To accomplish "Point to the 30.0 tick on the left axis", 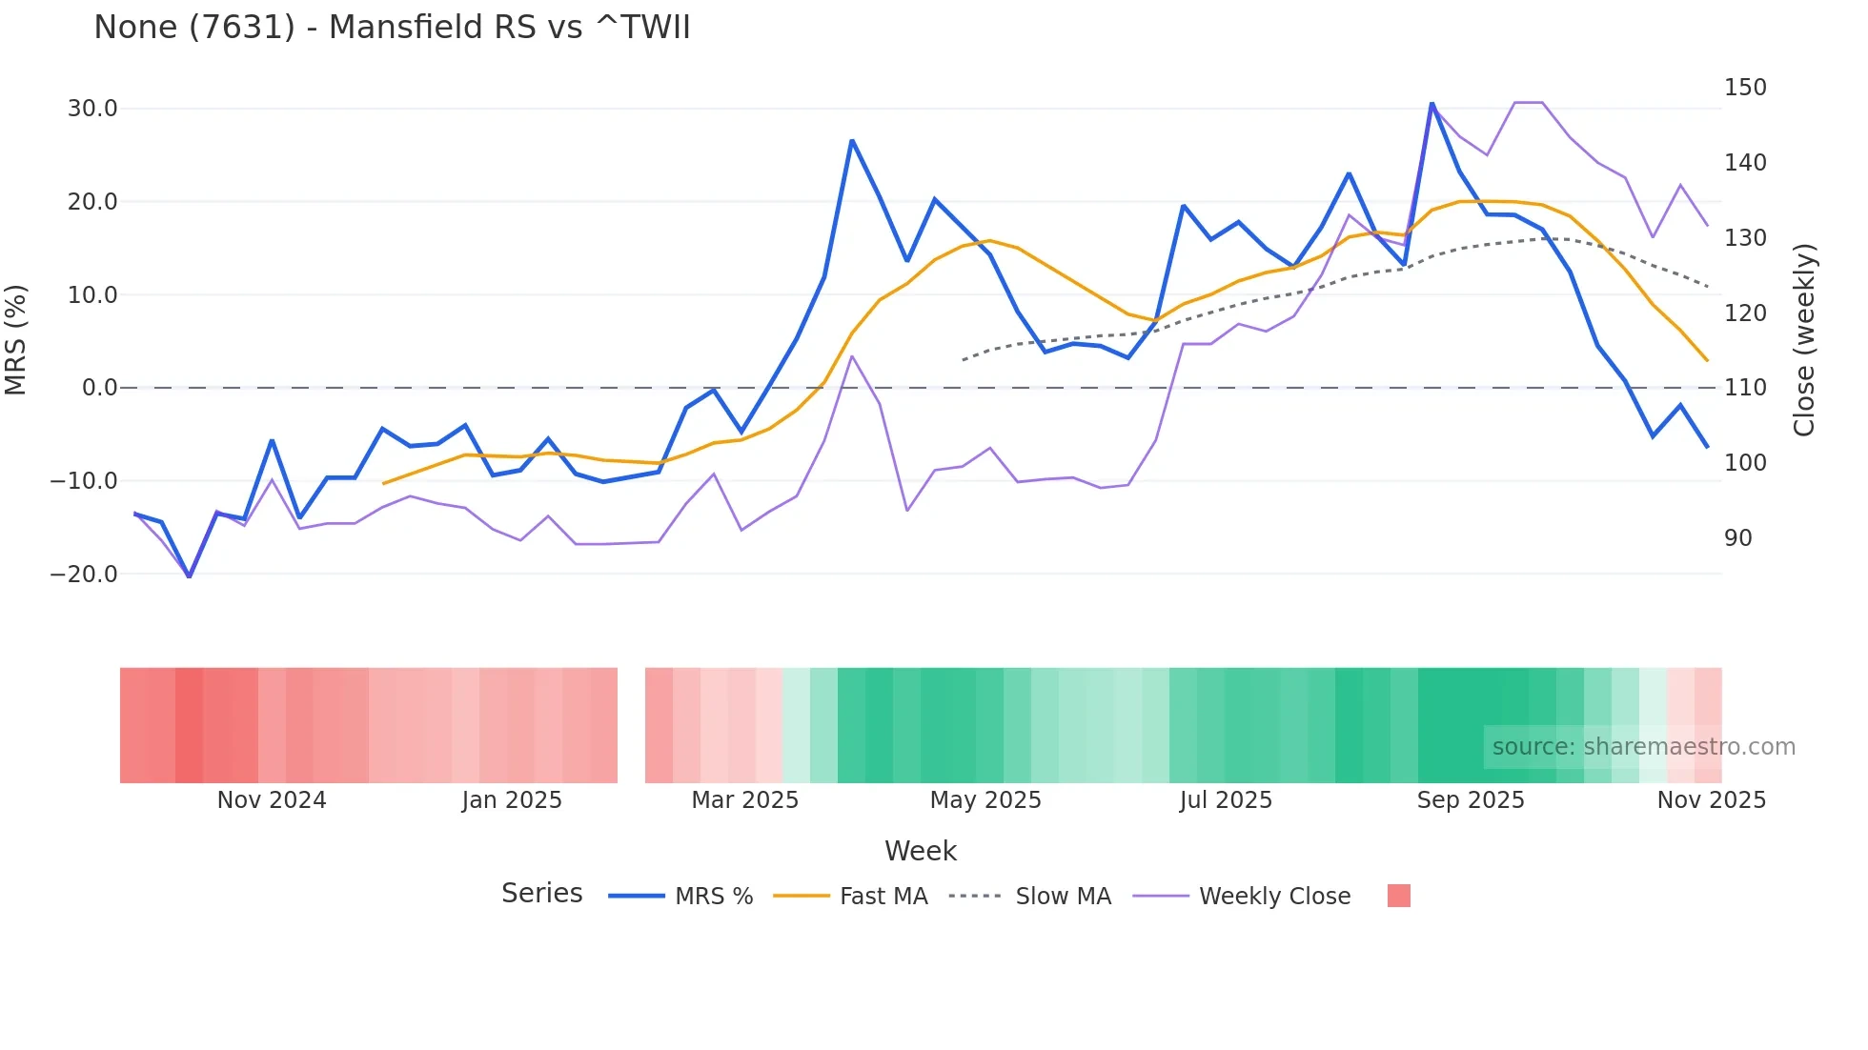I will click(x=92, y=109).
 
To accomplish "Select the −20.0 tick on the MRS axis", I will click(x=84, y=575).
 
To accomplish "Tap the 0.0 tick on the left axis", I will click(x=99, y=388).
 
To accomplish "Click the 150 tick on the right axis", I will click(x=1744, y=88).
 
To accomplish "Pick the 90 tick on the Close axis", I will click(x=1737, y=538).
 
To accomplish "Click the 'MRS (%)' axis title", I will click(x=16, y=339).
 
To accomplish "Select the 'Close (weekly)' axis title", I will click(x=1803, y=340).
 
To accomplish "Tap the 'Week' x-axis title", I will click(x=920, y=851).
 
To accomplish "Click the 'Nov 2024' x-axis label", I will click(x=272, y=800).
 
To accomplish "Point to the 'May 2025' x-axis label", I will click(x=985, y=800).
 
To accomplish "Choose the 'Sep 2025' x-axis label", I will click(x=1470, y=800).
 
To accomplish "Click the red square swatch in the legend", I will click(x=1398, y=896).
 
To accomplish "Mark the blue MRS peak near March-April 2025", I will click(x=852, y=141).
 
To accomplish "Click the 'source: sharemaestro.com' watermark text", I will click(x=1643, y=747).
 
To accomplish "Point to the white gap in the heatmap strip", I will click(x=631, y=725).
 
